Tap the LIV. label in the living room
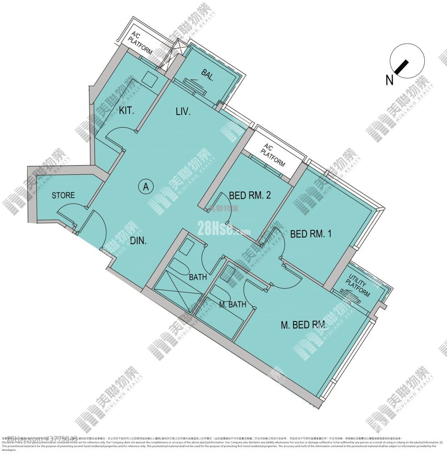(183, 111)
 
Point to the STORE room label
(63, 196)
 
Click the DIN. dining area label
(138, 241)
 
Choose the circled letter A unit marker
(145, 186)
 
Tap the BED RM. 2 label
(250, 196)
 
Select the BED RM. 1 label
(311, 234)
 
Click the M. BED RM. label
(304, 325)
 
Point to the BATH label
(198, 277)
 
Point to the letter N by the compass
(389, 80)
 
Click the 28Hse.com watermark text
(223, 229)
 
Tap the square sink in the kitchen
(148, 78)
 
